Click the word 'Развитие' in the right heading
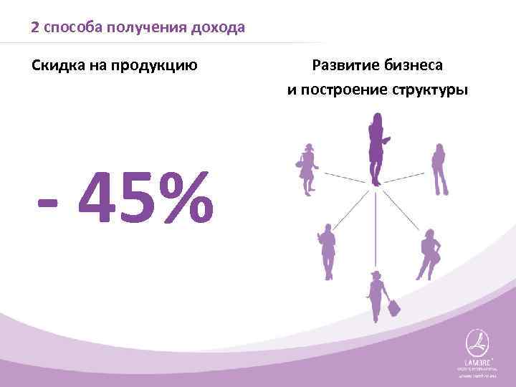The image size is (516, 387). (x=342, y=66)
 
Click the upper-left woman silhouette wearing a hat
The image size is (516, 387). (x=308, y=168)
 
